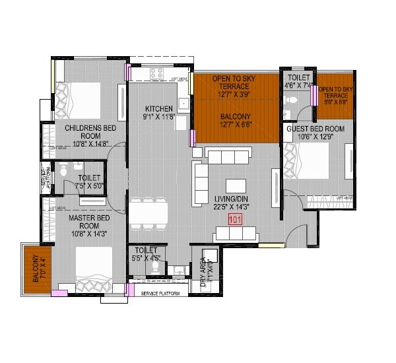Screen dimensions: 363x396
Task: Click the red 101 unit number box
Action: [x=235, y=220]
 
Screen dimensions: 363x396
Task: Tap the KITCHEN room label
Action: [x=159, y=109]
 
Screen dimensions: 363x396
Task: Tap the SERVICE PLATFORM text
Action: [x=161, y=293]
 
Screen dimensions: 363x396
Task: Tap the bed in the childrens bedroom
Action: [x=79, y=99]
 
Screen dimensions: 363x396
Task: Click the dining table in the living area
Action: [x=148, y=213]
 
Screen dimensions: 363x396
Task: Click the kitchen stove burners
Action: [x=158, y=74]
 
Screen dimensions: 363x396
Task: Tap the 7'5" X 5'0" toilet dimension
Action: [x=89, y=187]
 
